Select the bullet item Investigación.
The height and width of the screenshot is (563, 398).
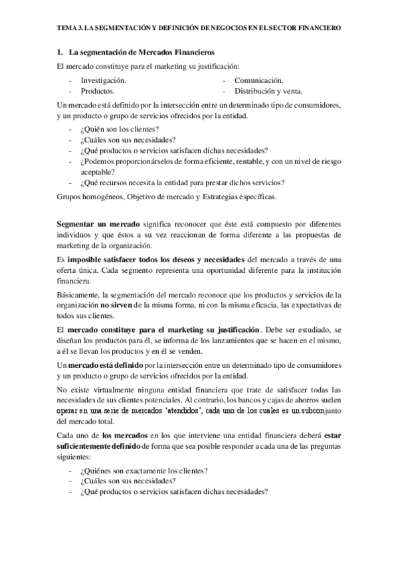[x=104, y=80]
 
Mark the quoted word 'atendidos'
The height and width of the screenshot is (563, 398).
[x=188, y=411]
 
